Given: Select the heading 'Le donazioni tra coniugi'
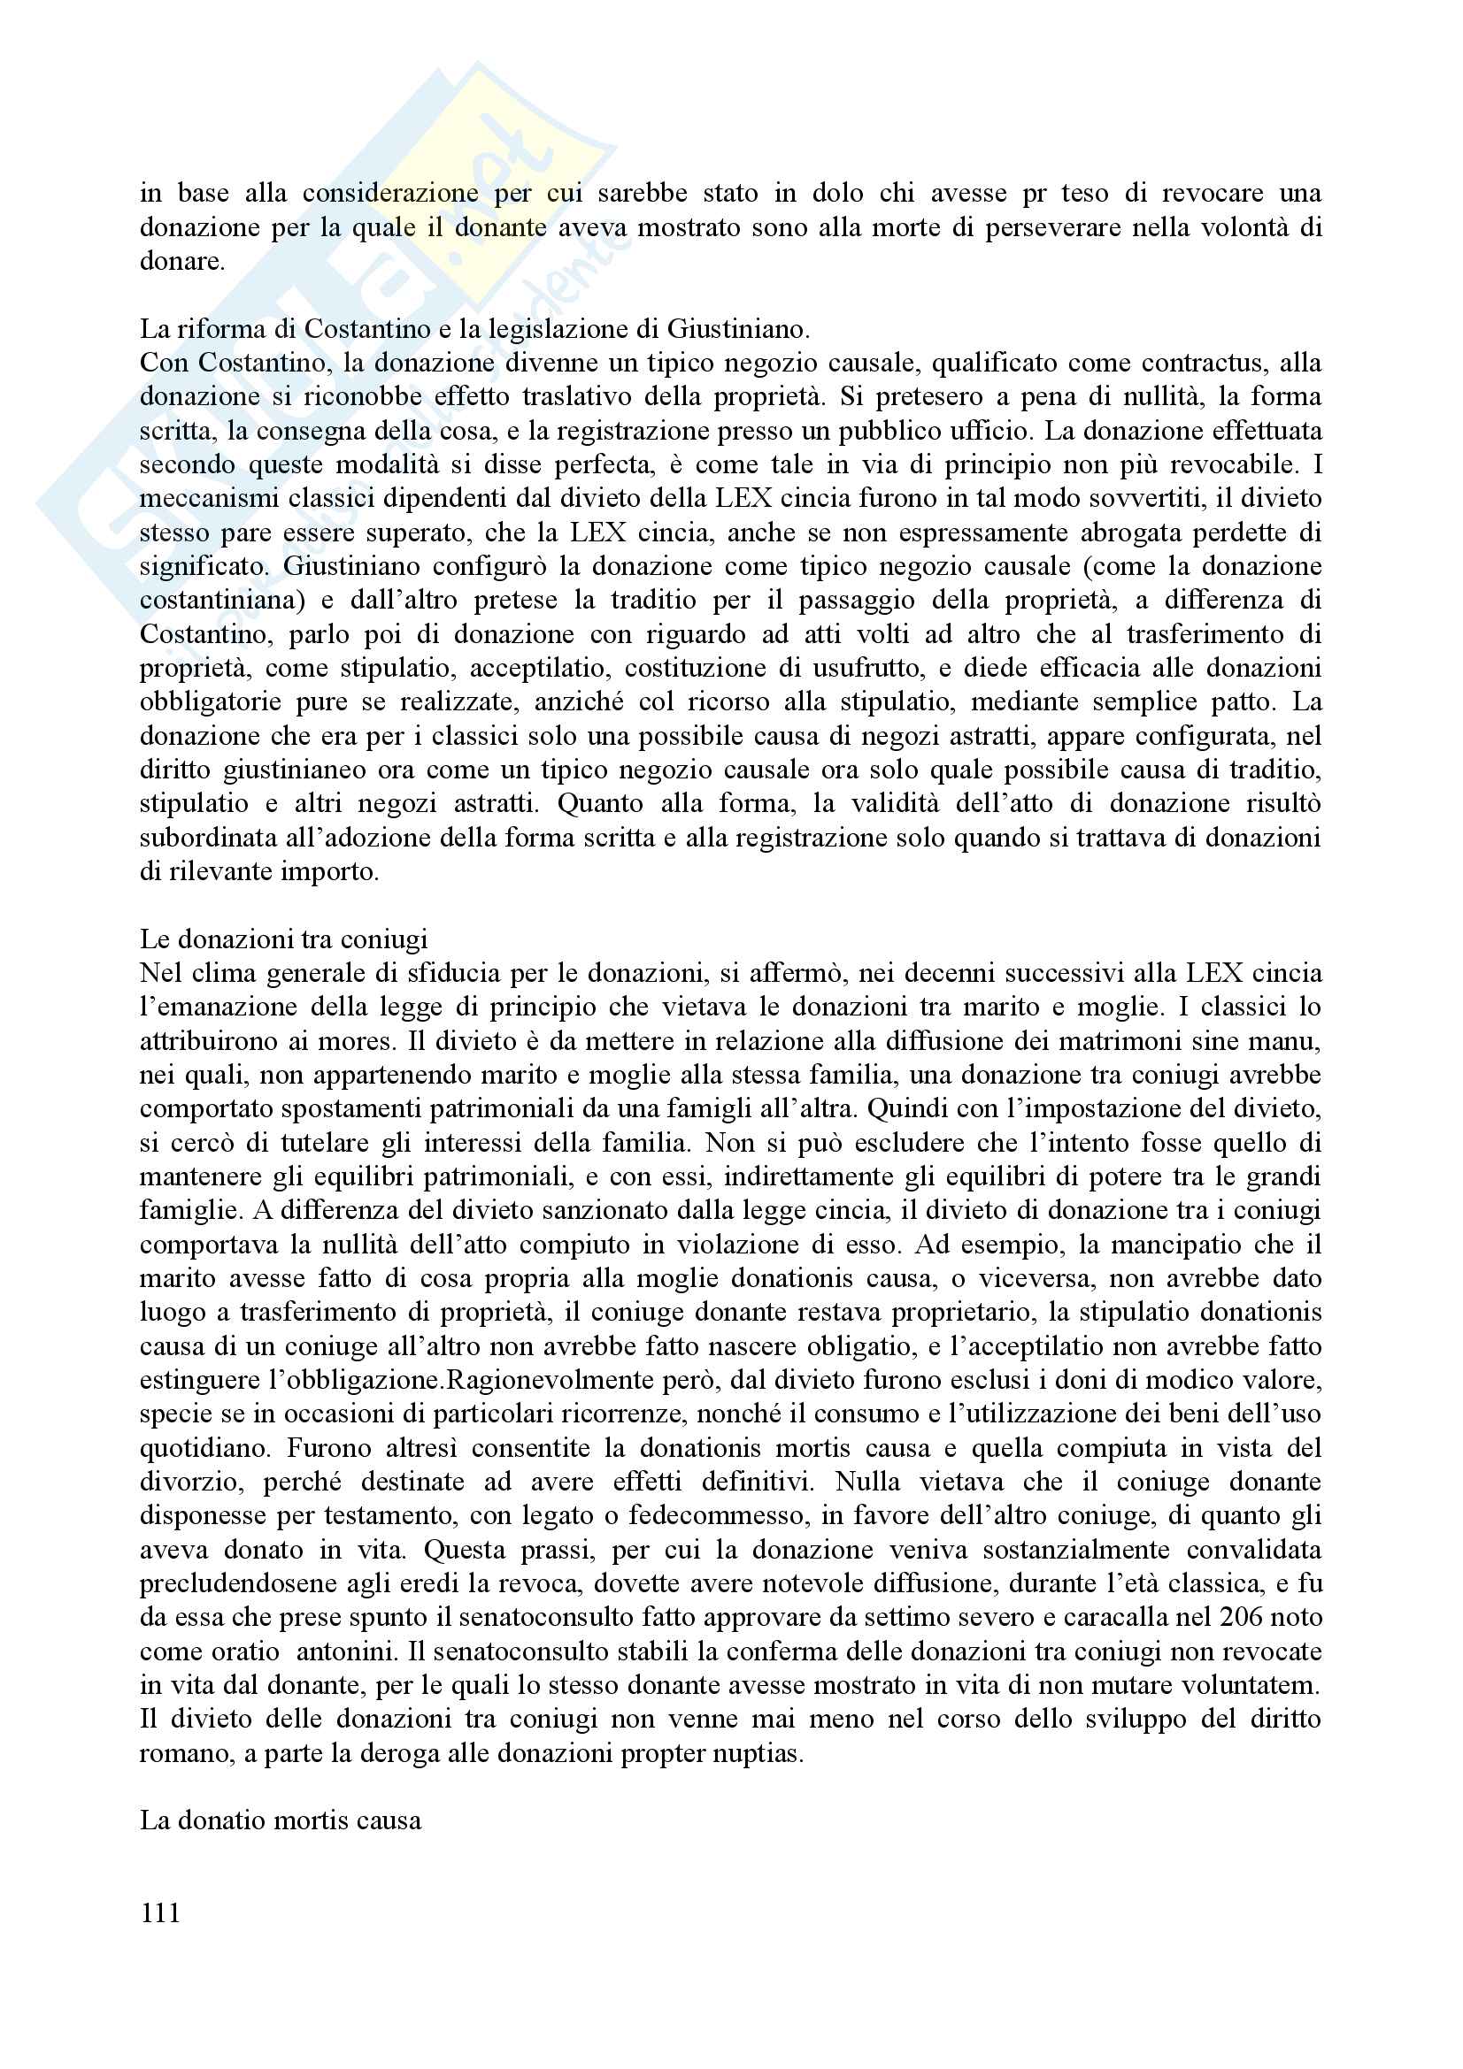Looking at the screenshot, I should (x=283, y=939).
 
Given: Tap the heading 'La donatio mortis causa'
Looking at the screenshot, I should (x=281, y=1820).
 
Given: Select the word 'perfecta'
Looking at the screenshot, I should (x=605, y=465).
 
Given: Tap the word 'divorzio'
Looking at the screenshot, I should (x=189, y=1482).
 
